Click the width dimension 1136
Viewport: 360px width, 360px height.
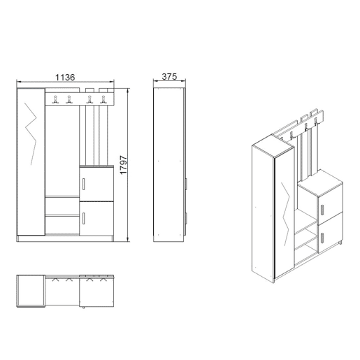click(65, 77)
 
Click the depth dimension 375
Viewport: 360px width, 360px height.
click(169, 76)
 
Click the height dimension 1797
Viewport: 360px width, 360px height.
click(123, 165)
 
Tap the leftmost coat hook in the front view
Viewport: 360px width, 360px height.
click(55, 99)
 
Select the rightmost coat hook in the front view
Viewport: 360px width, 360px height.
click(103, 99)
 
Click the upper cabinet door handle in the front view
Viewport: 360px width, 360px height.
click(84, 184)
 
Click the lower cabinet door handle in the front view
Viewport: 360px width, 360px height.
click(84, 218)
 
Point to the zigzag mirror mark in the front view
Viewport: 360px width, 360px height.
click(31, 134)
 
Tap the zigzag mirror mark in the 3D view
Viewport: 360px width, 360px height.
click(285, 214)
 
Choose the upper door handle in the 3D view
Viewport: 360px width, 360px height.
click(322, 210)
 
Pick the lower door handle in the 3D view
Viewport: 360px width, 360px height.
click(322, 238)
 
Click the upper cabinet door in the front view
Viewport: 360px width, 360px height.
click(96, 184)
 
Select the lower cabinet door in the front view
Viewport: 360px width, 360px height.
click(96, 218)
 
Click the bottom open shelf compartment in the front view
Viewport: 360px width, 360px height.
click(62, 225)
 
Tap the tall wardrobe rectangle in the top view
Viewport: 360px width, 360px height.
click(31, 291)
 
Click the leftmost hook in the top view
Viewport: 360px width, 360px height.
click(55, 280)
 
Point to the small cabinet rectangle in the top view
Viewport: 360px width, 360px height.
click(96, 291)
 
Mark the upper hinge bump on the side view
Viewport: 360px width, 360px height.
click(186, 184)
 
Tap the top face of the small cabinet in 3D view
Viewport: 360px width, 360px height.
click(320, 183)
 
